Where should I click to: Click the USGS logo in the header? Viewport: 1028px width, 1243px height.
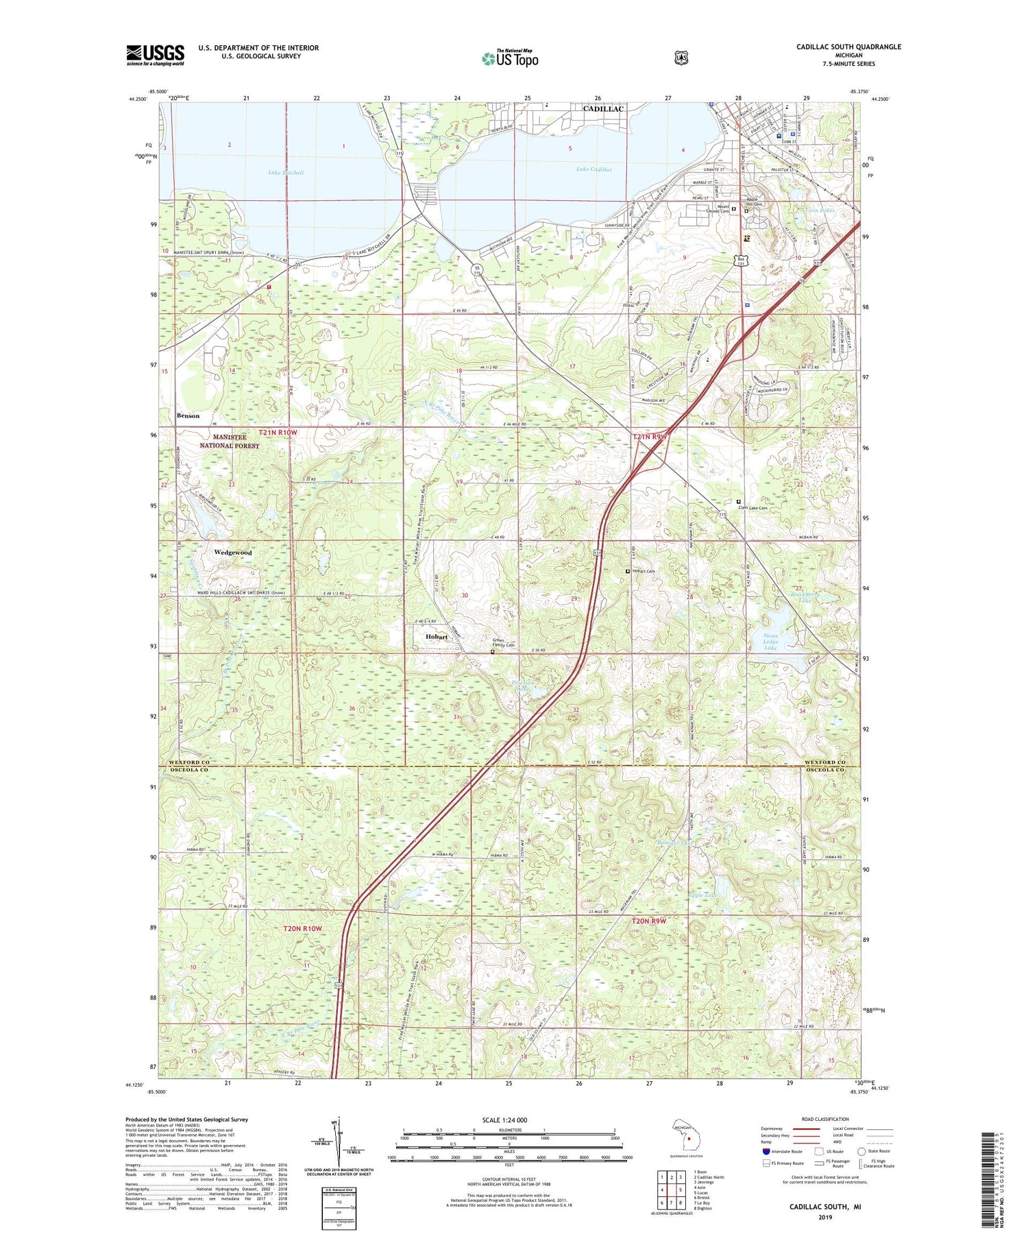[x=155, y=55]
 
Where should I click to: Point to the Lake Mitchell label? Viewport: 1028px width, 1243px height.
[x=286, y=173]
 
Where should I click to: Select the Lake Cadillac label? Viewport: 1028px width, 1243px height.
[x=593, y=169]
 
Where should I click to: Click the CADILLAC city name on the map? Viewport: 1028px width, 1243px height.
[x=602, y=109]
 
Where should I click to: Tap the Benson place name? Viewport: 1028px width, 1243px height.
[x=188, y=415]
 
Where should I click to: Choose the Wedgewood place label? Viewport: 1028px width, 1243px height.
[x=232, y=553]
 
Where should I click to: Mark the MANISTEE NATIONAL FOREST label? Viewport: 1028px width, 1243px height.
[x=229, y=442]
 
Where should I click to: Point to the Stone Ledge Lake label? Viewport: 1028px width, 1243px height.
[x=771, y=642]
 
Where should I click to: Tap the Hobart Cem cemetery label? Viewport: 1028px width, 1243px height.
[x=644, y=572]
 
